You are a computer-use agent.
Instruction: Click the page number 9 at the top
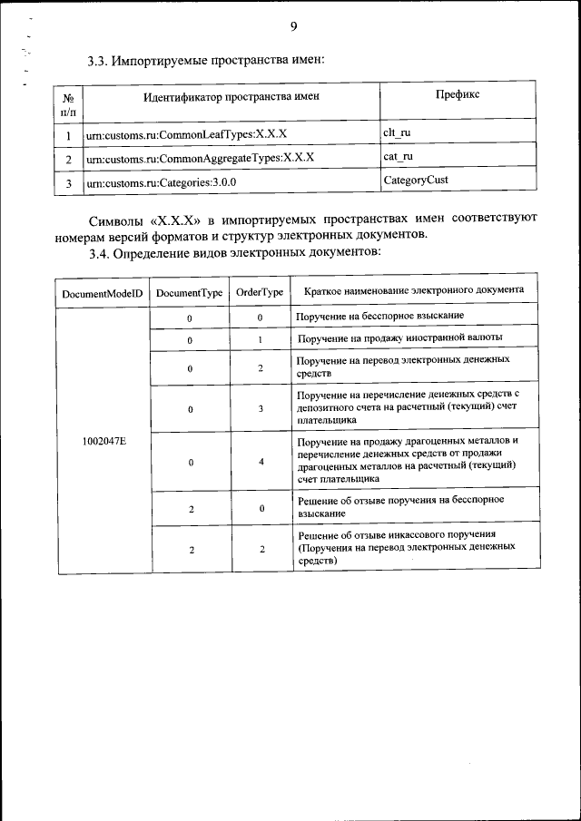coord(293,26)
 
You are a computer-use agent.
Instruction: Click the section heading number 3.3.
coord(98,62)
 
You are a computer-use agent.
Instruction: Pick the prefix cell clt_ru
coord(398,132)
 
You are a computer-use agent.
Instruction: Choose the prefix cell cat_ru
coord(399,156)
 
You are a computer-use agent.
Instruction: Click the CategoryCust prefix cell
coord(416,180)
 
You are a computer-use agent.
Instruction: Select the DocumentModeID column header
coord(103,293)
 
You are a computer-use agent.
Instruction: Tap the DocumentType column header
coord(190,293)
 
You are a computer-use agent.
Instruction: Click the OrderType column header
coord(260,293)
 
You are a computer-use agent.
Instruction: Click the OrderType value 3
coord(261,409)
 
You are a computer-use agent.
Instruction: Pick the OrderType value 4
coord(261,462)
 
